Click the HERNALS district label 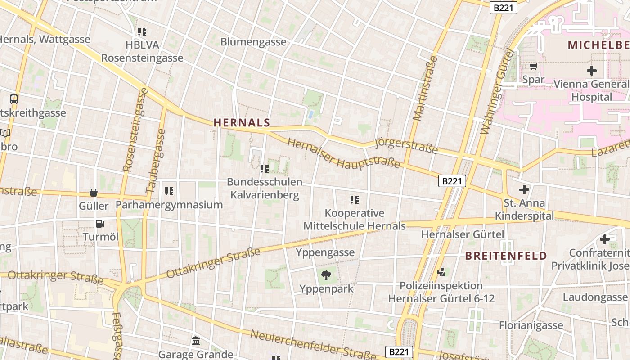coord(242,122)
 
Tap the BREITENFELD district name coord(506,256)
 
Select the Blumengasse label coord(253,42)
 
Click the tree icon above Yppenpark coord(326,275)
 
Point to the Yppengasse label coord(325,252)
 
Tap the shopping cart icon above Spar coord(533,67)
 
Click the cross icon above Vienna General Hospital coord(591,71)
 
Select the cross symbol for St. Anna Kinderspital coord(524,189)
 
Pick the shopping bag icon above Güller coord(94,193)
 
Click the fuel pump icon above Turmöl coord(100,223)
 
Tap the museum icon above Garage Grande coord(196,341)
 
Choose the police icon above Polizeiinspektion coord(441,272)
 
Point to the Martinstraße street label coord(424,88)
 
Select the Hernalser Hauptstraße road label coord(343,154)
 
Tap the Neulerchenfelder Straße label coord(312,346)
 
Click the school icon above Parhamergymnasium coord(169,191)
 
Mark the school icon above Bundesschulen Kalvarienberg coord(265,169)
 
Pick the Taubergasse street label coord(156,161)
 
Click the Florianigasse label coord(531,325)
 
